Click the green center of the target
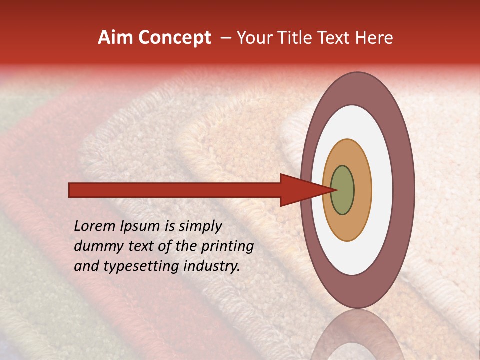click(x=342, y=190)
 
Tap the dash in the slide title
click(x=225, y=38)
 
